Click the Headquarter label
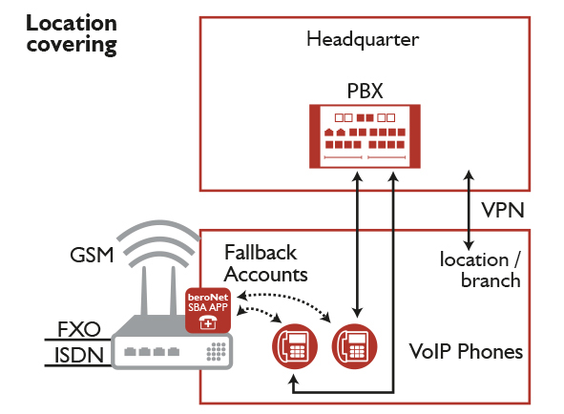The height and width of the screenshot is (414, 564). pos(363,39)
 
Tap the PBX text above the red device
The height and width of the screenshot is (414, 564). pos(365,91)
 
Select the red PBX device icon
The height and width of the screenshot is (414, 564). pos(365,136)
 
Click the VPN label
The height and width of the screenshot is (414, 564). pos(503,210)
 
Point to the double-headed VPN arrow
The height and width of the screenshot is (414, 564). pos(469,210)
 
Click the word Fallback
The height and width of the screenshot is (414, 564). pos(261,252)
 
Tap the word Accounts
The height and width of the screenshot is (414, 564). pos(266,275)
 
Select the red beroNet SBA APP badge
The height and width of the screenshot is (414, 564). pos(208,310)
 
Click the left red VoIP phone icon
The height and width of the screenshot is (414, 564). pos(295,346)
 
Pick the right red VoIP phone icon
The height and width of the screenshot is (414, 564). pos(354,346)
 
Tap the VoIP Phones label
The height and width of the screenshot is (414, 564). pos(466,351)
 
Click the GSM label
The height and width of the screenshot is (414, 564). pos(92,255)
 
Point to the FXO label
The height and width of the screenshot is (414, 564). pos(79,329)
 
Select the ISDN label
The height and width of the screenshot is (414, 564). pos(79,355)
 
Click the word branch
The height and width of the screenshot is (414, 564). pos(491,280)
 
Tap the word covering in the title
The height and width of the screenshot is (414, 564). pos(72,46)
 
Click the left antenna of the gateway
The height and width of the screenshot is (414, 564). pos(144,291)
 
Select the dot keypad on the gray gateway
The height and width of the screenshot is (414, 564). pos(217,351)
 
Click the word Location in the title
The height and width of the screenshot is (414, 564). pos(72,23)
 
